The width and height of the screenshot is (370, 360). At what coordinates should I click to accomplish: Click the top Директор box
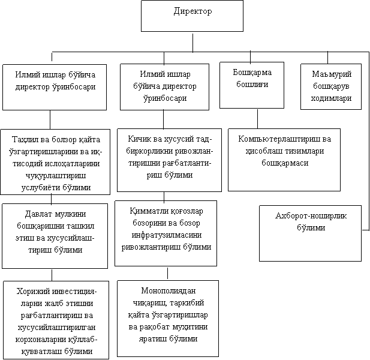point(192,16)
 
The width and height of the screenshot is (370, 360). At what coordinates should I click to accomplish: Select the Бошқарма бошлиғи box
point(252,85)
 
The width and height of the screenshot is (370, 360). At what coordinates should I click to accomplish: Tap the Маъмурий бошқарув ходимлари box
point(331,86)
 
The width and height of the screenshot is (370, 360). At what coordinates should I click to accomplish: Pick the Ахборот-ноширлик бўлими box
point(310,233)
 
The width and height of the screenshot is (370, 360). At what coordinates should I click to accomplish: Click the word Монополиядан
point(169,290)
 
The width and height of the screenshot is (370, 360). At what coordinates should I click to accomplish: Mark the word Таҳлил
point(23,140)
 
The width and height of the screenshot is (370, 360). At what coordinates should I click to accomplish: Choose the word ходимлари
point(331,98)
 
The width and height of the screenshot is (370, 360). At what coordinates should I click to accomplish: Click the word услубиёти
point(40,188)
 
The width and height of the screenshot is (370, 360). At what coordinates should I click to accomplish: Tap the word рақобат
point(155,327)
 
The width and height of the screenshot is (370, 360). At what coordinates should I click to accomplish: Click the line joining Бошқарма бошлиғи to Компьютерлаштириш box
point(257,119)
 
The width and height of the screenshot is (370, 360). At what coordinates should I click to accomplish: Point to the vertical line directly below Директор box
point(192,43)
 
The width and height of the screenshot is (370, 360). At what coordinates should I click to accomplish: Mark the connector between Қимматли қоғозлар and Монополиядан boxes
point(167,273)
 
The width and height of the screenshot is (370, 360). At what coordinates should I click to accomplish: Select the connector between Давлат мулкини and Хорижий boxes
point(52,275)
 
